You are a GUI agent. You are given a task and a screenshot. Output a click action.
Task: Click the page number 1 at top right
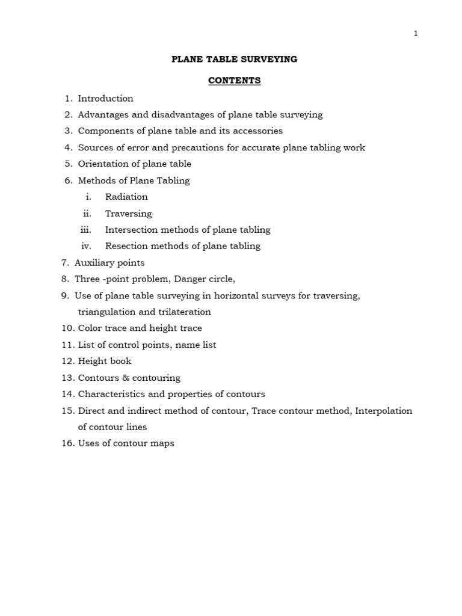pos(416,34)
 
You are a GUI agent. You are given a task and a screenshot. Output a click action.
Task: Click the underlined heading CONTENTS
pos(235,81)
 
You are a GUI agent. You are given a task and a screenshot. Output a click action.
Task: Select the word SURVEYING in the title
pos(270,59)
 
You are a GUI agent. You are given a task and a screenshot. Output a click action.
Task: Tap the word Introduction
pos(106,98)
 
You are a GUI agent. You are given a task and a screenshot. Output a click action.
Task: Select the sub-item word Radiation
pos(126,197)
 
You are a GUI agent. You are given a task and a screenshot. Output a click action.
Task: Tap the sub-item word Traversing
pos(129,214)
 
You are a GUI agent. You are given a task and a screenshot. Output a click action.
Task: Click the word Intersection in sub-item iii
pos(131,230)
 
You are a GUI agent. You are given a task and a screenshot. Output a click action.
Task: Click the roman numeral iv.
pos(86,246)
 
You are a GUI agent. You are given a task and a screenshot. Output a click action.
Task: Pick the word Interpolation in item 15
pos(384,411)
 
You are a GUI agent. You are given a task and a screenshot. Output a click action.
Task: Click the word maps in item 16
pos(163,443)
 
